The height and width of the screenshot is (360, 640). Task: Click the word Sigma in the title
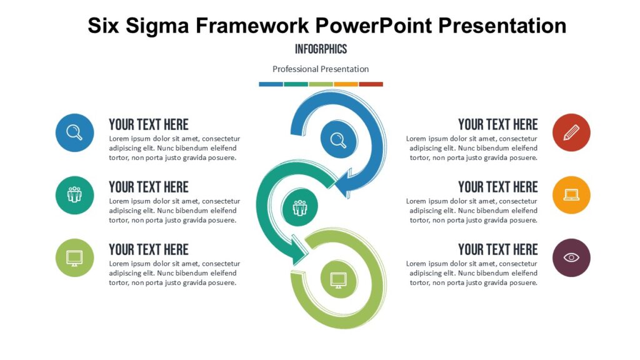pos(161,25)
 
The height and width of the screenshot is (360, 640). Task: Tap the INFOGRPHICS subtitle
pos(321,49)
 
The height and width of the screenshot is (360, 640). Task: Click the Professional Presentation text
pos(321,69)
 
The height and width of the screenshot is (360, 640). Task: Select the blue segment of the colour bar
pos(271,84)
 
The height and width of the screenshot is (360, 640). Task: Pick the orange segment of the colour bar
pos(346,84)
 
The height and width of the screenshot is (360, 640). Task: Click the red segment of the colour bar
pos(371,84)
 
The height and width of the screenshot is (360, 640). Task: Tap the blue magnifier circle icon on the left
pos(74,132)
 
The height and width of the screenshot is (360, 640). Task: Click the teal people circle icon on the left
pos(74,195)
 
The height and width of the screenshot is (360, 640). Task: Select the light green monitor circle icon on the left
pos(74,257)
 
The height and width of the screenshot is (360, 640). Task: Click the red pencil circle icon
pos(571,132)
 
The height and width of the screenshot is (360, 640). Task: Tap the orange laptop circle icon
pos(571,195)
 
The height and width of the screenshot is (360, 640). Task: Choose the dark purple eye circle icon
pos(571,257)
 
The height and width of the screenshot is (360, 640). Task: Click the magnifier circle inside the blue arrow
pos(339,139)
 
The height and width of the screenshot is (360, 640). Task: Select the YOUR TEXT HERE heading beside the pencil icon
pos(497,124)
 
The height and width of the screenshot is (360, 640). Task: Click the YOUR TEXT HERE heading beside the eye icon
pos(497,249)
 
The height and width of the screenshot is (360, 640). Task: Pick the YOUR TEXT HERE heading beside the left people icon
pos(149,187)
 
